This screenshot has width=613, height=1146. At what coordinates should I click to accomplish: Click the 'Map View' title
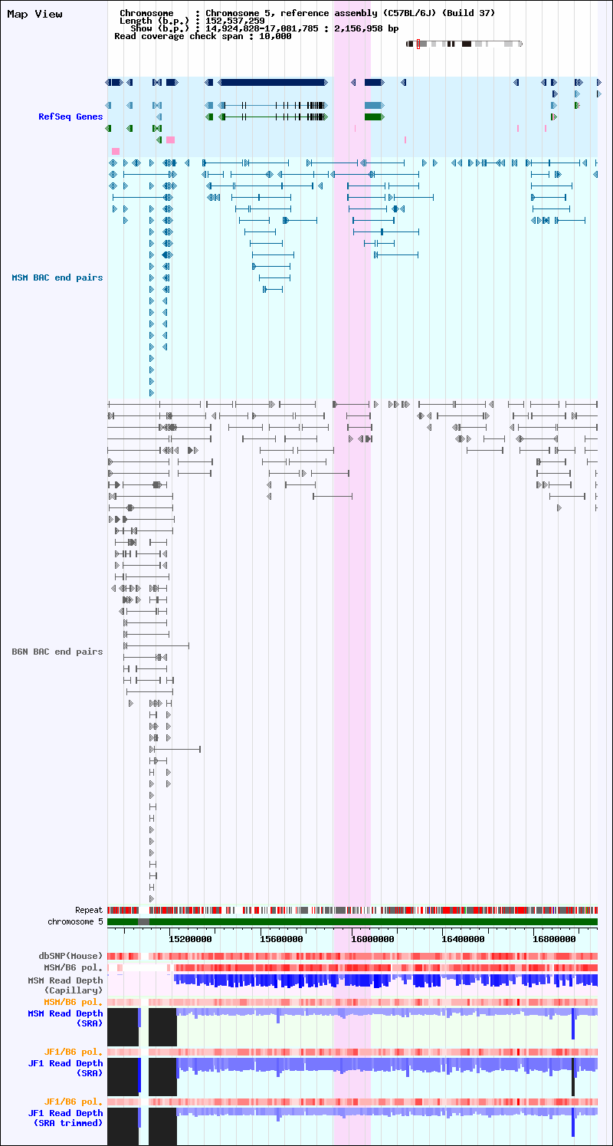pos(34,15)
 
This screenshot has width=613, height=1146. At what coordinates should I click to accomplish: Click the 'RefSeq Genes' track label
pos(70,117)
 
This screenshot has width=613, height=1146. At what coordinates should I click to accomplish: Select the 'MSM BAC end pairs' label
pos(57,277)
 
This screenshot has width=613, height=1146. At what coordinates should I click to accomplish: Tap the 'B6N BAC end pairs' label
pos(57,652)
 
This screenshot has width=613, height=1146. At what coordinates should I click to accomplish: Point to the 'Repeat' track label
pos(89,910)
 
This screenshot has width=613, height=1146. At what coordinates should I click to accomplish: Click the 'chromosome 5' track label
pos(75,921)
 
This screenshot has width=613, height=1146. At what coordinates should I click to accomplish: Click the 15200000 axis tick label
pos(190,939)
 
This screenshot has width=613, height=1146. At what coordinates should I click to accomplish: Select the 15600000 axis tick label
pos(281,939)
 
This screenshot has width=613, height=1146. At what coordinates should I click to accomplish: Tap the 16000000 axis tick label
pos(372,939)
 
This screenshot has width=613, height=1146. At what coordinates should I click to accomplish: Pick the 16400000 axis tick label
pos(464,939)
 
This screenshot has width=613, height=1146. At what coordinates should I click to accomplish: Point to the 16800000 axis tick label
pos(554,939)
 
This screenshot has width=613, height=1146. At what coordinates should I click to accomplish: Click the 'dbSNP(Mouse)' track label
pos(70,956)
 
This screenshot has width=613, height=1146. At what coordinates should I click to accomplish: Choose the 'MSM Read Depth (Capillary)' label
pos(65,985)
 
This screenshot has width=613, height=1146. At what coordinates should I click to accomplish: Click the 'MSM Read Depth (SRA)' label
pos(65,1018)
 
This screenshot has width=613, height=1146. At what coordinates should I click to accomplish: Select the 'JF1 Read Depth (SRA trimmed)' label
pos(65,1118)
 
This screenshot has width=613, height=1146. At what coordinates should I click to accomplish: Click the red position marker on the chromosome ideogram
pos(418,44)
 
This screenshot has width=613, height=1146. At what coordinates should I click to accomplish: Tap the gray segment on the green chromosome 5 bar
pos(143,921)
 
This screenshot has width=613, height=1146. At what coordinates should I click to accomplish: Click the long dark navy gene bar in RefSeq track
pos(273,82)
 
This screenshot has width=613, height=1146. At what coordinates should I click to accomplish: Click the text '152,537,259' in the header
pos(235,21)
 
